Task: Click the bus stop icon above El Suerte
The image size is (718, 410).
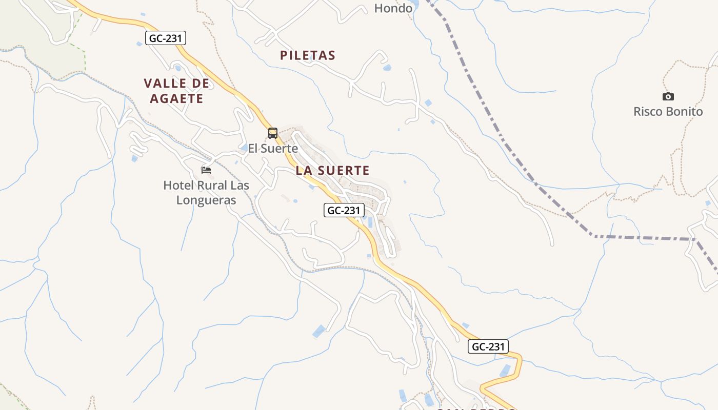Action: [x=273, y=133]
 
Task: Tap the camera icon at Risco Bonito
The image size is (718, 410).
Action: [x=668, y=96]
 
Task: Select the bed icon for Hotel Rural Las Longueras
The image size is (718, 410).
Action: [x=206, y=170]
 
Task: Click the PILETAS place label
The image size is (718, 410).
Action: [x=308, y=55]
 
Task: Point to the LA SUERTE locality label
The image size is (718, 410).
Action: [x=332, y=170]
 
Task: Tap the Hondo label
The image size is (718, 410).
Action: [x=393, y=8]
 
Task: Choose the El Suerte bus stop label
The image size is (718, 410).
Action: [x=273, y=149]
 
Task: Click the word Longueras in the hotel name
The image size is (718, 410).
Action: [x=206, y=200]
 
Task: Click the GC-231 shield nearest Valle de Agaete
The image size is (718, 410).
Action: [x=166, y=38]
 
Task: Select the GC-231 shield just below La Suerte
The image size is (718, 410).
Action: [x=344, y=210]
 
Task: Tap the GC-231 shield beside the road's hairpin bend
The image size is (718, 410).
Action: [x=489, y=346]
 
